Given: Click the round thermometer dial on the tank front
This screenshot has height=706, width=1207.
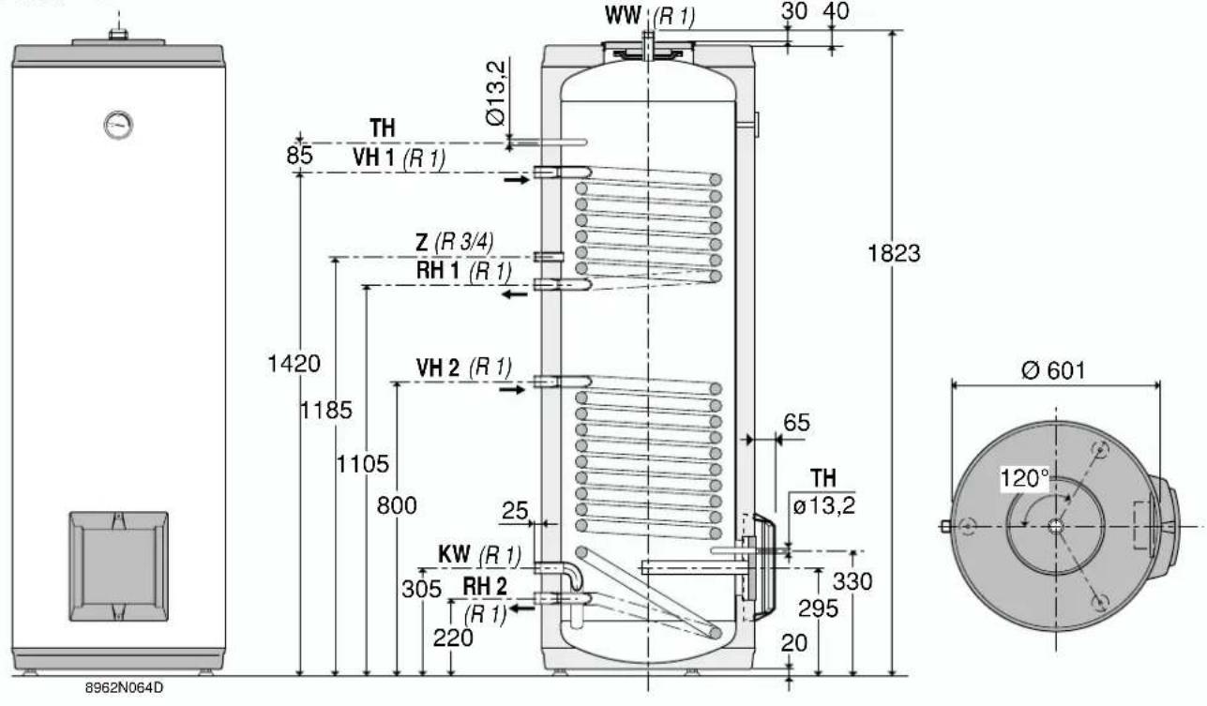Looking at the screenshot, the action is click(118, 125).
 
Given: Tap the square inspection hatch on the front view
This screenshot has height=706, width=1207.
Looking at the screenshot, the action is click(118, 566).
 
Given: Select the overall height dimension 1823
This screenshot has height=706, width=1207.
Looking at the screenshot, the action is click(894, 253).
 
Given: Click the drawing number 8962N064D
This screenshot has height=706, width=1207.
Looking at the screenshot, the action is click(124, 687).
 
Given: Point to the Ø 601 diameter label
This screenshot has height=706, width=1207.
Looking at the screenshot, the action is click(1053, 370).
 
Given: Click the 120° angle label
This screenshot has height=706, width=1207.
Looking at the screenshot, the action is click(1024, 478).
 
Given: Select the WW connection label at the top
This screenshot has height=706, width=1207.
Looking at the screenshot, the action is click(623, 15).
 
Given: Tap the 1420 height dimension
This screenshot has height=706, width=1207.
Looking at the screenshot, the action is click(294, 364).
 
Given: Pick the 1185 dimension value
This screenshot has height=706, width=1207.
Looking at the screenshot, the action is click(326, 411).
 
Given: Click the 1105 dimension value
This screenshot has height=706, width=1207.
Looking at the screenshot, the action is click(362, 464).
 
